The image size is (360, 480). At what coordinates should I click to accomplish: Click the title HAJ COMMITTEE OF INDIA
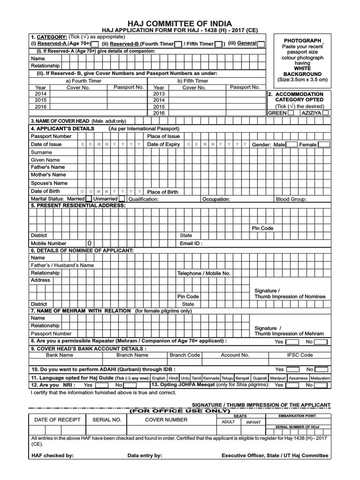pyautogui.click(x=180, y=23)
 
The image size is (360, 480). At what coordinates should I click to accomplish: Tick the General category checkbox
pyautogui.click(x=261, y=44)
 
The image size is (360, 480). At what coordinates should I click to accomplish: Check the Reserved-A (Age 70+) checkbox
pyautogui.click(x=95, y=44)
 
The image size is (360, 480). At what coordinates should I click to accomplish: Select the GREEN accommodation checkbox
pyautogui.click(x=291, y=113)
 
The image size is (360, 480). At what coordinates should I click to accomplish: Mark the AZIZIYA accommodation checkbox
pyautogui.click(x=326, y=113)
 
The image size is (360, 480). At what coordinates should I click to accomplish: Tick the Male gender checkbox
pyautogui.click(x=292, y=144)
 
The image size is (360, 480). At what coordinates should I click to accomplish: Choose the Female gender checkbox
pyautogui.click(x=324, y=144)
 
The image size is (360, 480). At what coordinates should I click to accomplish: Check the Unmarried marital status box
pyautogui.click(x=122, y=199)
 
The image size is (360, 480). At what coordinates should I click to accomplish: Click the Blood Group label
pyautogui.click(x=291, y=199)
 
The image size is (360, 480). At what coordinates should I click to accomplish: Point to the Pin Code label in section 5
pyautogui.click(x=262, y=228)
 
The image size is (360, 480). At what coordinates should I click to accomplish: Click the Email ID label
pyautogui.click(x=191, y=244)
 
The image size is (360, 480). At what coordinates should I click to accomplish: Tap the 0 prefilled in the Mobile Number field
pyautogui.click(x=88, y=244)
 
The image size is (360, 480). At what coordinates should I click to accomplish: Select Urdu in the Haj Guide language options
pyautogui.click(x=185, y=378)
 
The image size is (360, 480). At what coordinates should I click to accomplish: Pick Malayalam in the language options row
pyautogui.click(x=321, y=378)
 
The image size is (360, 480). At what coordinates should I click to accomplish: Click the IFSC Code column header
pyautogui.click(x=300, y=355)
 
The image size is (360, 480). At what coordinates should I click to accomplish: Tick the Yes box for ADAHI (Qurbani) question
pyautogui.click(x=292, y=369)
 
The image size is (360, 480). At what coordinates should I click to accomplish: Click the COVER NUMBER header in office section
pyautogui.click(x=166, y=420)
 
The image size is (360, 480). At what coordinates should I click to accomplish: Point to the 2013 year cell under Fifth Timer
pyautogui.click(x=159, y=94)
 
